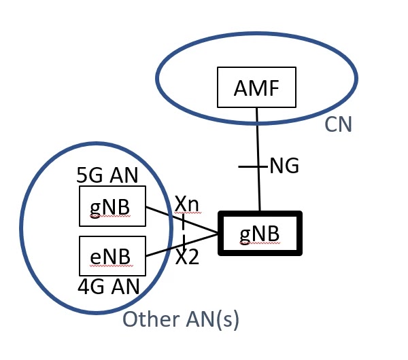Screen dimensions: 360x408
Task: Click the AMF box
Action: (256, 87)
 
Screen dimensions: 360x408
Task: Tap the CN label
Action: (338, 125)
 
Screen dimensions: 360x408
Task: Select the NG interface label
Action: (284, 166)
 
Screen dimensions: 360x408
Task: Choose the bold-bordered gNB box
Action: (260, 233)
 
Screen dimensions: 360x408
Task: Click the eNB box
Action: (112, 256)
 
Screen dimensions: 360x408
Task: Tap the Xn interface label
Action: (187, 203)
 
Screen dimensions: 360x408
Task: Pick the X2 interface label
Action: (188, 257)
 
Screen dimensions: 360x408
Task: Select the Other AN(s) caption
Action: (180, 319)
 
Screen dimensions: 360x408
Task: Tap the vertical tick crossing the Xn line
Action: (183, 220)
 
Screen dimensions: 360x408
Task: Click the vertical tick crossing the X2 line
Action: (184, 242)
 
